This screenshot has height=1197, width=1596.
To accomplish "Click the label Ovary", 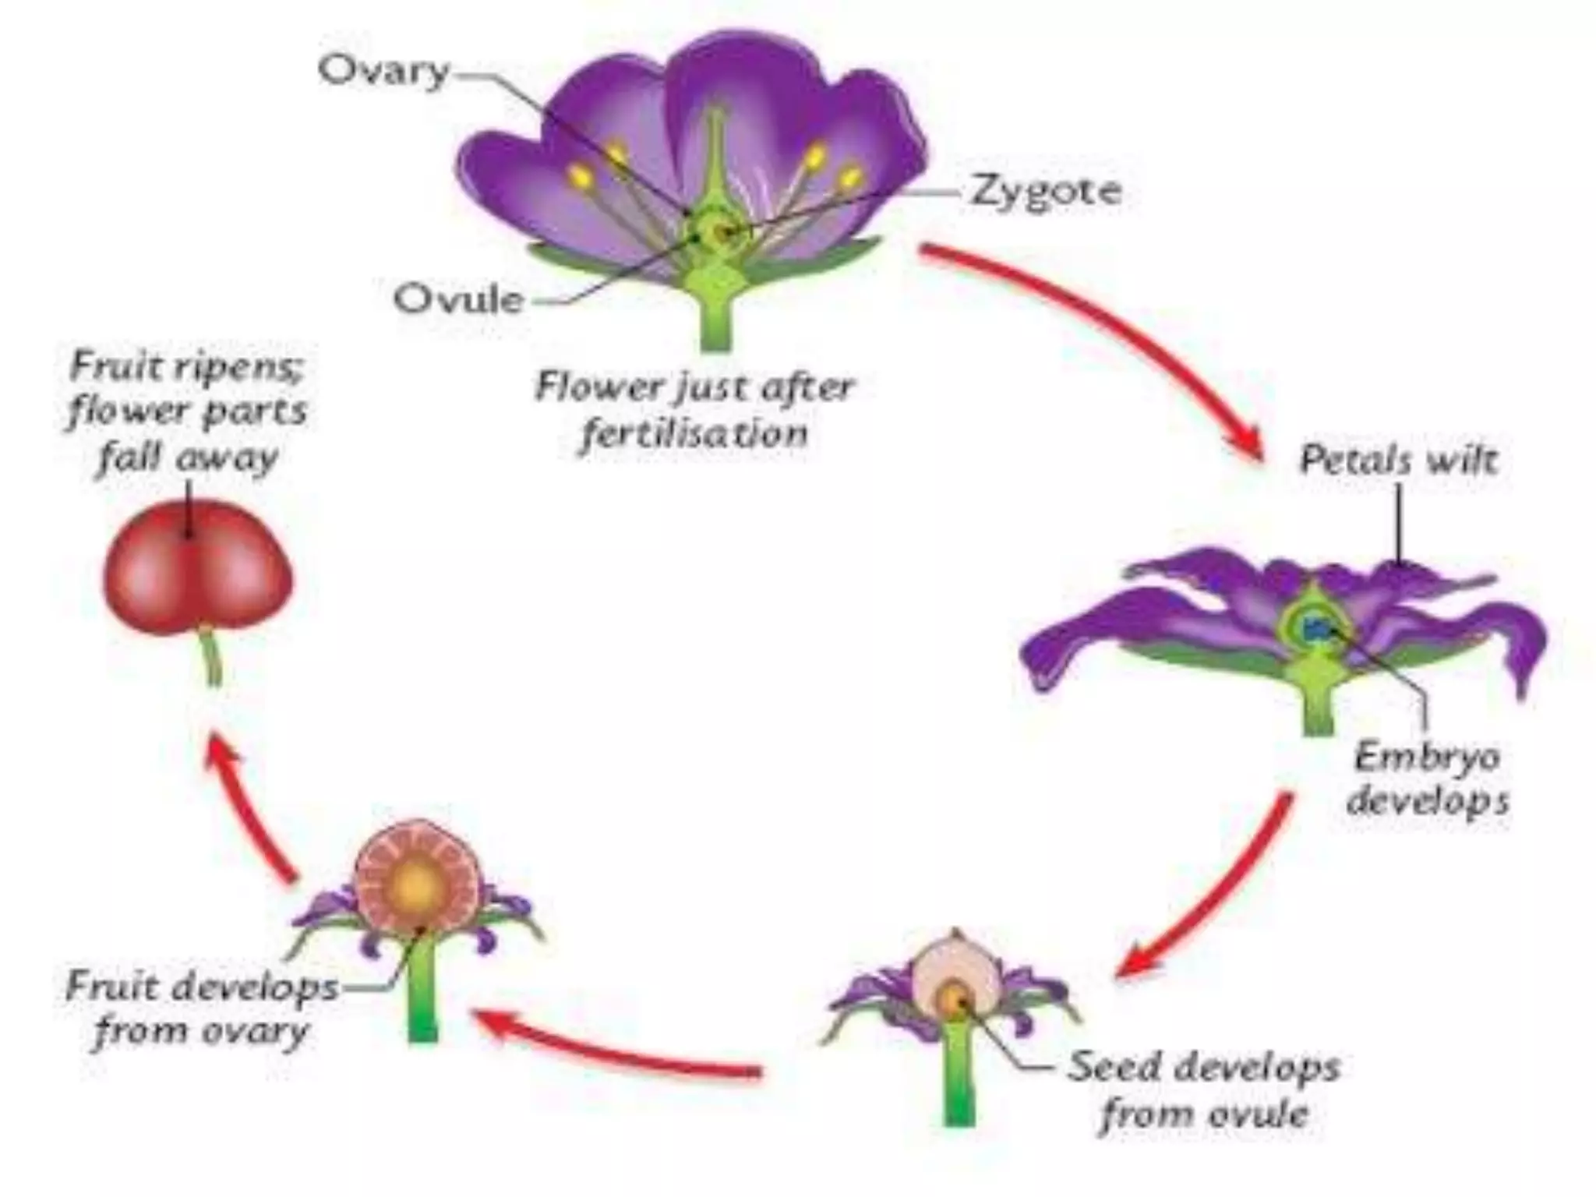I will [x=384, y=72].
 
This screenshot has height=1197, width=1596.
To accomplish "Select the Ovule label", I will [x=458, y=299].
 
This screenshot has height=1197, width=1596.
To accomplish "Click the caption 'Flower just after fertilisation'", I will [x=694, y=410].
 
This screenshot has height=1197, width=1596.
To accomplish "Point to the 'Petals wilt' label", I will [x=1398, y=461].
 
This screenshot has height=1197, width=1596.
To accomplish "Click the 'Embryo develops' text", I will [x=1428, y=779].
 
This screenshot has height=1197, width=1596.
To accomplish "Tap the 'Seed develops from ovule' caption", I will [x=1204, y=1089].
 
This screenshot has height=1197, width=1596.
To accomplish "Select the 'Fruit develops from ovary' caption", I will [x=202, y=1009].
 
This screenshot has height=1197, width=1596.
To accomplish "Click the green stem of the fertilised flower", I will [x=715, y=320].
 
